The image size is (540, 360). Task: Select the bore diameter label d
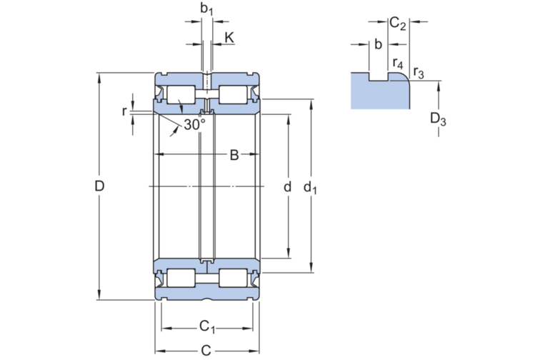(x=287, y=187)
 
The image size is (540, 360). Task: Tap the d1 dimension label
(x=310, y=188)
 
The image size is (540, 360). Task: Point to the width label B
(x=234, y=156)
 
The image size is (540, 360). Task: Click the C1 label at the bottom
(x=207, y=327)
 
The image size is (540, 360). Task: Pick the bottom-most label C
(x=206, y=351)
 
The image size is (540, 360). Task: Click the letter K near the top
(x=229, y=37)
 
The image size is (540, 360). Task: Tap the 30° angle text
(x=194, y=124)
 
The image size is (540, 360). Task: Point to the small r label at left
(x=124, y=111)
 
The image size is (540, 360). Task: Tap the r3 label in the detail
(x=419, y=72)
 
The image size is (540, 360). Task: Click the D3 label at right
(x=438, y=119)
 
